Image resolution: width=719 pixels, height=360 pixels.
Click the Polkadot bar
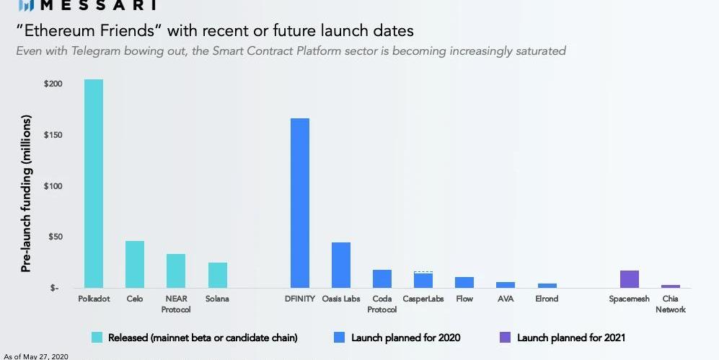click(x=94, y=183)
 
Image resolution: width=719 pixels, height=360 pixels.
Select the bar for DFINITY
click(x=299, y=203)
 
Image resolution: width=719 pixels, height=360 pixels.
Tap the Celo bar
click(x=135, y=264)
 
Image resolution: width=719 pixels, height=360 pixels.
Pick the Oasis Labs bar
click(x=341, y=265)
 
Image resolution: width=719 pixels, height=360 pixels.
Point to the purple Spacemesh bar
click(x=630, y=279)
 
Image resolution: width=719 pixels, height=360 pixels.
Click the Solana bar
click(x=218, y=275)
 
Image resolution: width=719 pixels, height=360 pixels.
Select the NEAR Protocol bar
click(x=176, y=271)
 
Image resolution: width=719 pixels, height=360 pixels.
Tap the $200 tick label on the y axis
click(x=53, y=84)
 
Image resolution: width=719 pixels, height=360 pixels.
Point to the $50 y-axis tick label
click(x=56, y=237)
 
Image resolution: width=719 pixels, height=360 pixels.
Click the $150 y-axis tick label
click(x=53, y=136)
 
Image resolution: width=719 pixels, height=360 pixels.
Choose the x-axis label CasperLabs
click(x=423, y=299)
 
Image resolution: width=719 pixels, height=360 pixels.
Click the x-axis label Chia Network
click(x=671, y=304)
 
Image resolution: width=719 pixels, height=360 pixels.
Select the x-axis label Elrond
click(x=547, y=299)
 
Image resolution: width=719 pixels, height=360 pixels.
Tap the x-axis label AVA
click(x=506, y=299)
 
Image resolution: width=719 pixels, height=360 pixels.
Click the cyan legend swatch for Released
click(x=97, y=337)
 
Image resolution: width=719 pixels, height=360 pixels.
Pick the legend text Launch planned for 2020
click(x=406, y=338)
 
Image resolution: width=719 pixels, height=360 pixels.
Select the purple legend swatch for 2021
click(x=504, y=337)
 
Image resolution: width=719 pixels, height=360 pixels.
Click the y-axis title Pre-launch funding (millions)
click(x=26, y=193)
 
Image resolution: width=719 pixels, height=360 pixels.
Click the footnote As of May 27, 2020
click(x=37, y=356)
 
